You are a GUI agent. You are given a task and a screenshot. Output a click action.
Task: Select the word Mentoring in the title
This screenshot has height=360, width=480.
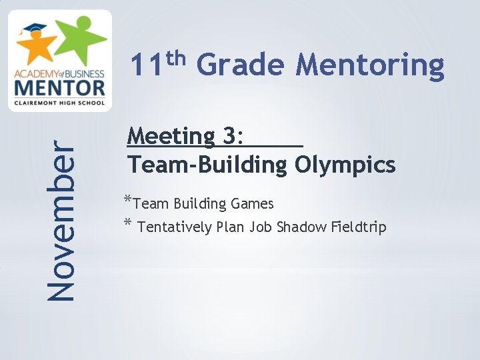tap(370, 67)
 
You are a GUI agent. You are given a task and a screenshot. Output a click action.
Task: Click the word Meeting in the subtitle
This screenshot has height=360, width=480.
tap(171, 138)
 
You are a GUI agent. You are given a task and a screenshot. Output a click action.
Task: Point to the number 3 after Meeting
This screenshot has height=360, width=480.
tap(230, 138)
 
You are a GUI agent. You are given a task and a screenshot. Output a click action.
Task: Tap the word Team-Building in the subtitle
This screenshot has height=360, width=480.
tap(206, 163)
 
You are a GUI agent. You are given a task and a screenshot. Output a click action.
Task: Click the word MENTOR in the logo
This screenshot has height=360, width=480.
tap(59, 89)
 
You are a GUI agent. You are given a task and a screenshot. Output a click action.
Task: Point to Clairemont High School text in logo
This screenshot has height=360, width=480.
tap(59, 101)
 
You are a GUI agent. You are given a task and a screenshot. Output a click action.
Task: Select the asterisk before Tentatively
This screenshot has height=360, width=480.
tap(127, 225)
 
